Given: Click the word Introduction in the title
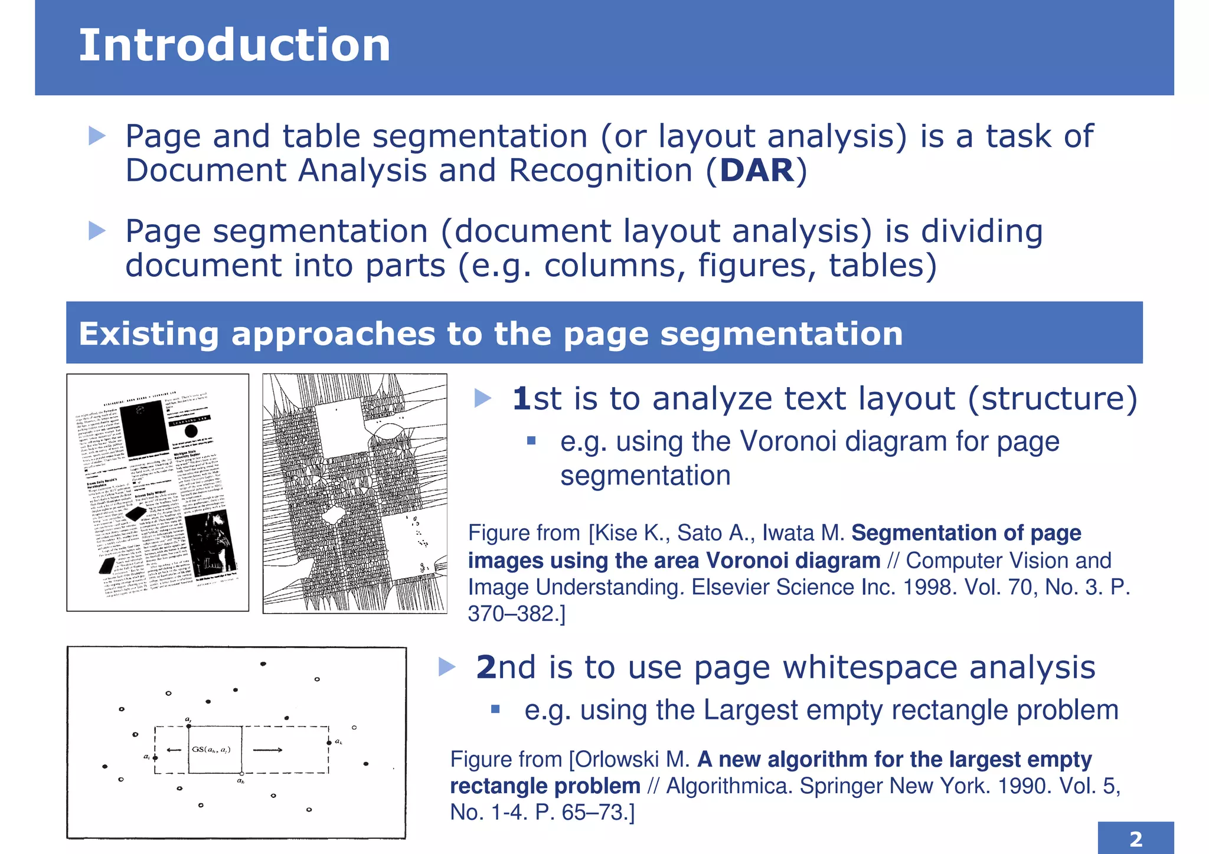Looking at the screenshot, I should [234, 45].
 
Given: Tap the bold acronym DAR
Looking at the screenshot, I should [757, 171].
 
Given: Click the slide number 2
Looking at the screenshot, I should [1135, 839].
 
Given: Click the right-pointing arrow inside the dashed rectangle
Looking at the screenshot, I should [267, 750].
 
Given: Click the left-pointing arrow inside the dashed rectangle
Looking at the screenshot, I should [174, 750].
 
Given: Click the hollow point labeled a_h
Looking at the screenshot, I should [241, 773].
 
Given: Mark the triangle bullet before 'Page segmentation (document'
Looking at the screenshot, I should [97, 231].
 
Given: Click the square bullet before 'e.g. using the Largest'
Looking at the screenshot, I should [495, 709].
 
